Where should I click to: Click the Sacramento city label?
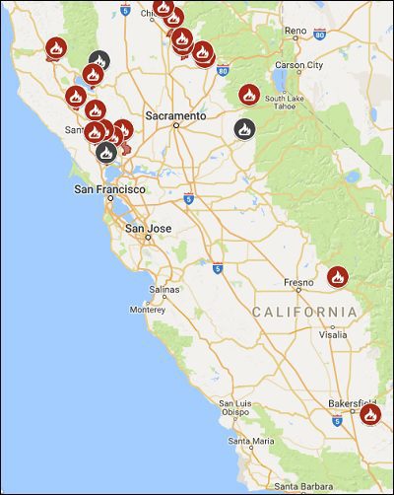tap(175, 115)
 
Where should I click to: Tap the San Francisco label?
tap(110, 188)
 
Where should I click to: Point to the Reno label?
tap(295, 31)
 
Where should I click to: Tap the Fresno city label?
tap(297, 283)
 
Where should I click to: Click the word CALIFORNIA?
tap(303, 312)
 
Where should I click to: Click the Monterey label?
tap(147, 310)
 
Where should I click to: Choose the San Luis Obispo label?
tap(237, 408)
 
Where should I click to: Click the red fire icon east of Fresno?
tap(338, 276)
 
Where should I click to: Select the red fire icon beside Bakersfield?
tap(370, 415)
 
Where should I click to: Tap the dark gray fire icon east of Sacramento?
tap(243, 128)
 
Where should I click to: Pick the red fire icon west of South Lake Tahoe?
tap(249, 95)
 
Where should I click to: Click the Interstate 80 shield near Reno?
tap(320, 34)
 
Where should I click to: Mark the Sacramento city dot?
tap(175, 126)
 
